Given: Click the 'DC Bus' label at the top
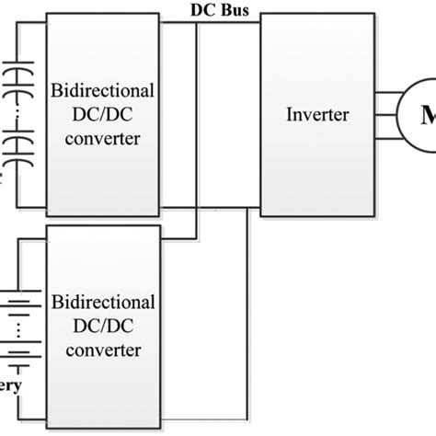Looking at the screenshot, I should click(220, 10).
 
